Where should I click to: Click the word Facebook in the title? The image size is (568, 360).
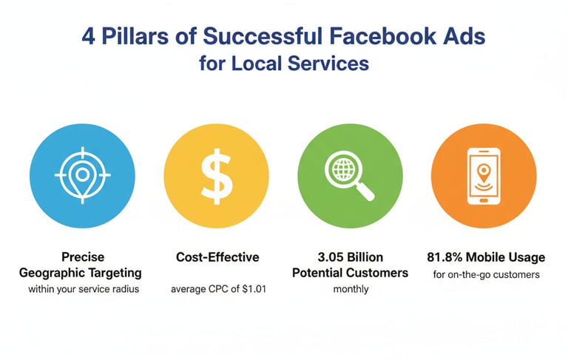point(383,36)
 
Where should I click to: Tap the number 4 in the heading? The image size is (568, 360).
point(89,36)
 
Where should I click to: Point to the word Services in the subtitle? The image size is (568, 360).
point(328,64)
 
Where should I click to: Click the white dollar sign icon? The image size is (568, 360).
point(217,176)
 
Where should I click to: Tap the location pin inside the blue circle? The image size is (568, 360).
point(83,177)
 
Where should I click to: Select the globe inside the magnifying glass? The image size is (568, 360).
point(343,169)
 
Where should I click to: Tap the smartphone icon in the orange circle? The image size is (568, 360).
point(484,176)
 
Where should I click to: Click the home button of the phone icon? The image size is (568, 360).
point(484,200)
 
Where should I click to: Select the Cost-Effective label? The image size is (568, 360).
point(217,257)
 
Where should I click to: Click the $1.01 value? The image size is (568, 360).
point(254,289)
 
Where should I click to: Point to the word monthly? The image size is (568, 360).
point(351,289)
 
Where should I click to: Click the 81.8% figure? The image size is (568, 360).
point(444,257)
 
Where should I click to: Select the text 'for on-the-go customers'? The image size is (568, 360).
point(486,274)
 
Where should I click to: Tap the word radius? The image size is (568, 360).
point(127,289)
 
